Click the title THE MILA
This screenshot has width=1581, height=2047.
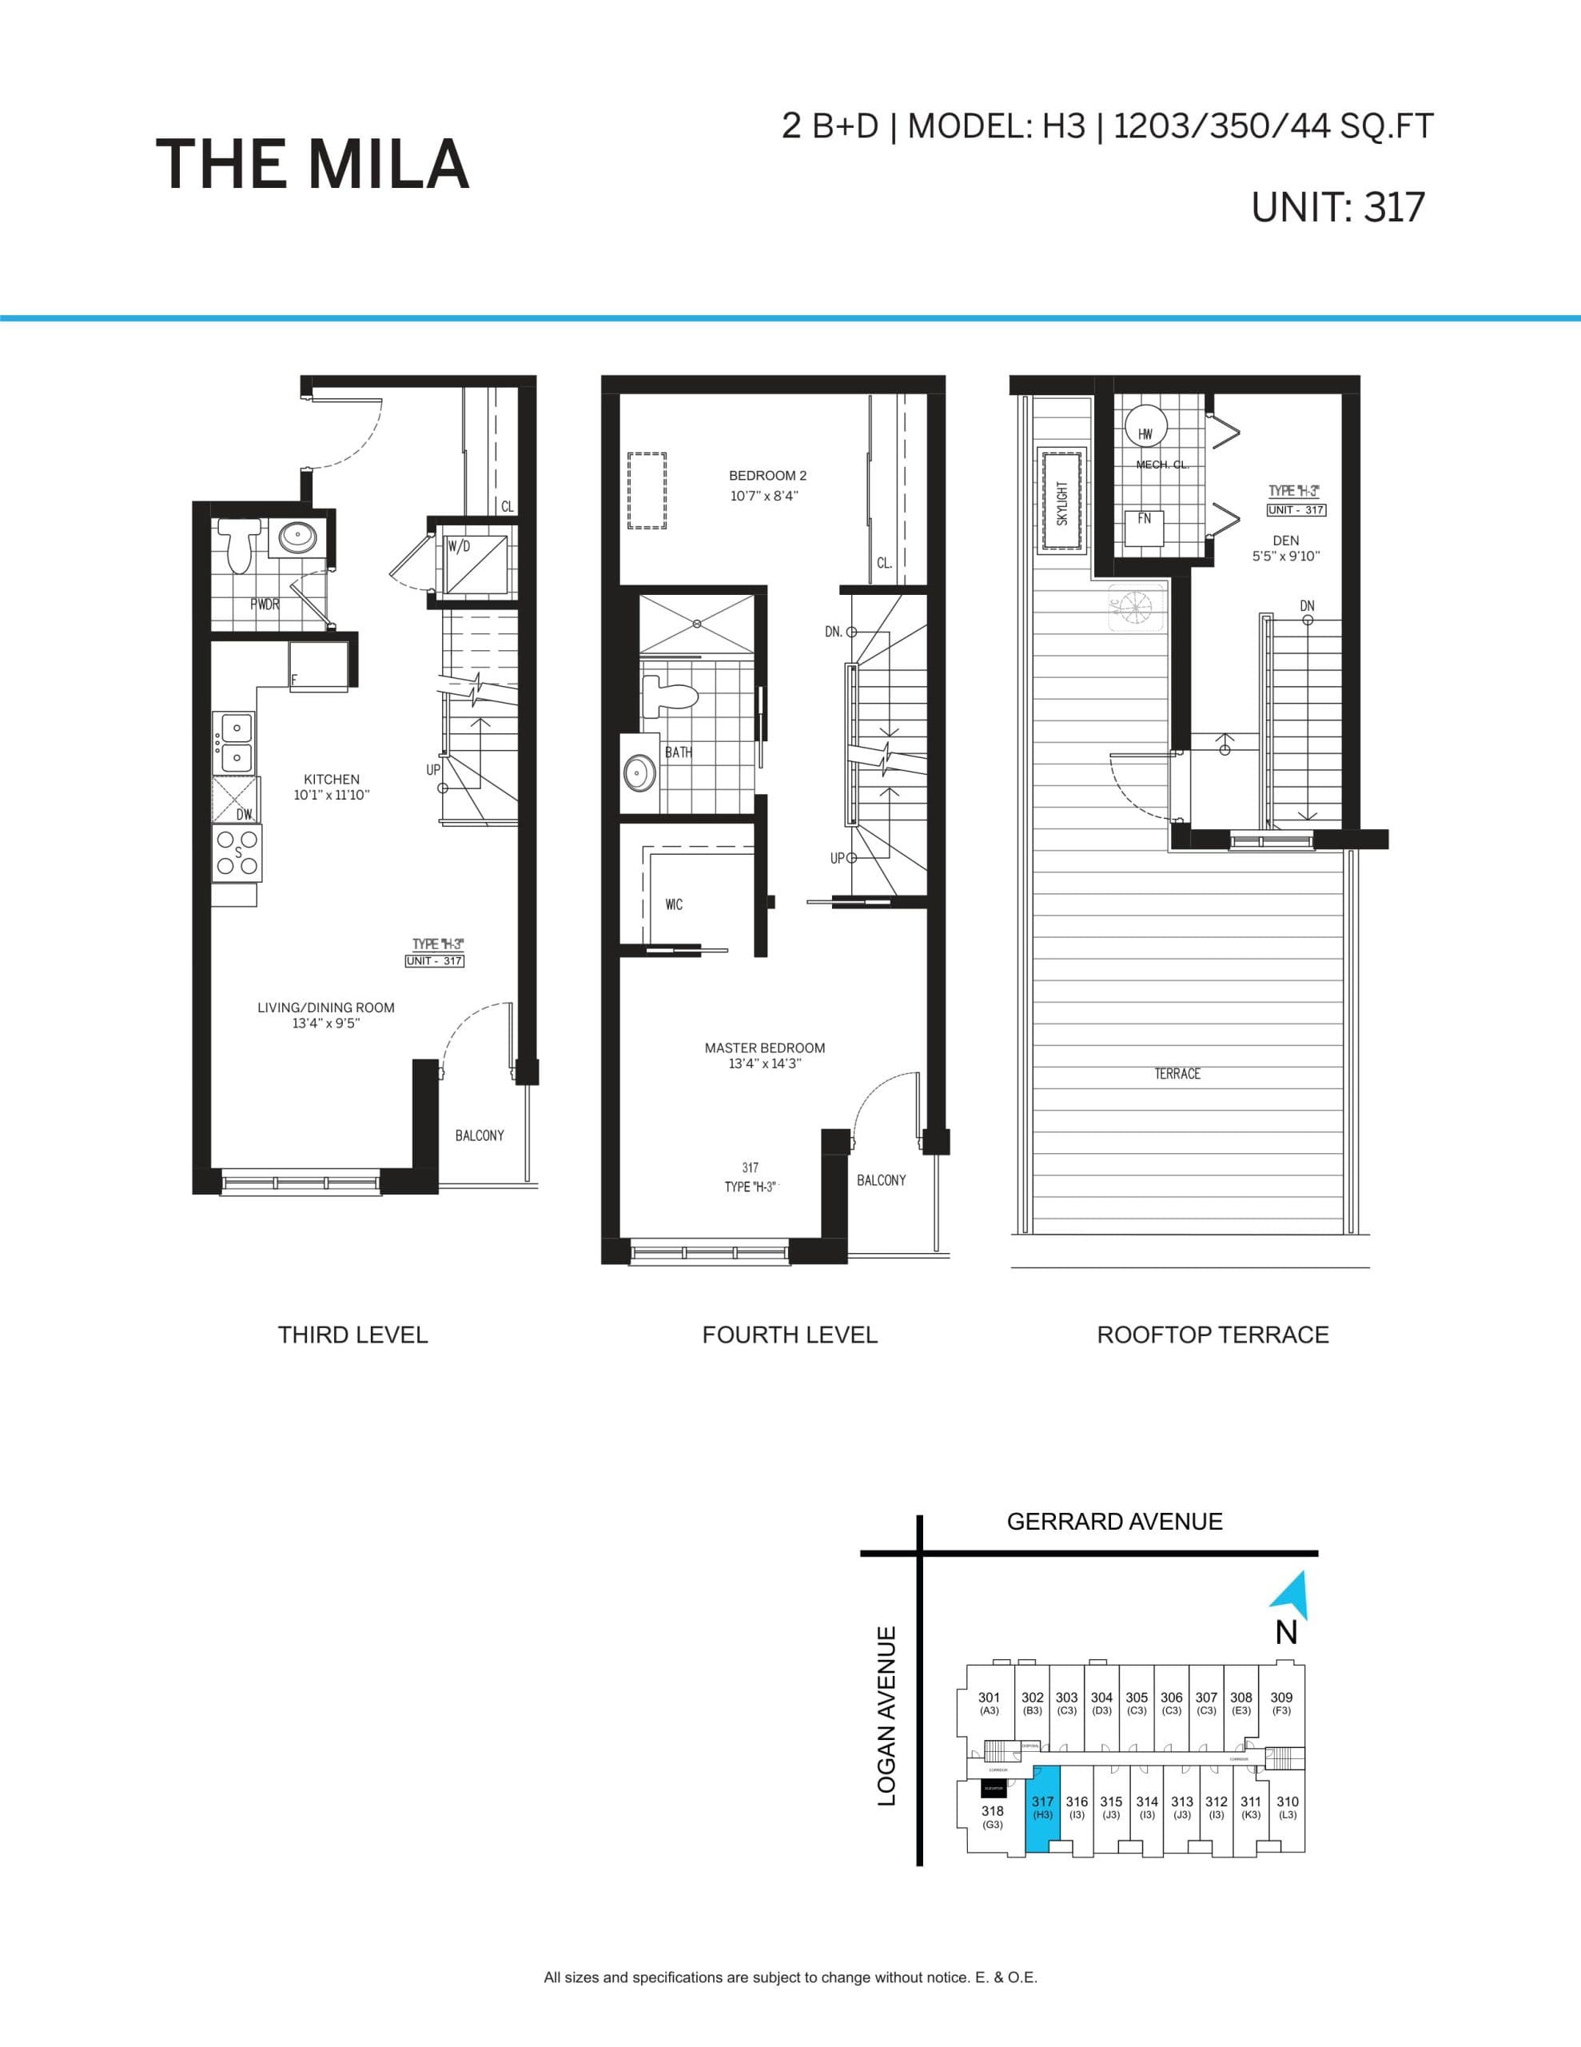click(x=312, y=165)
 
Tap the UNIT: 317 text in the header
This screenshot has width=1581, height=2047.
click(x=1337, y=207)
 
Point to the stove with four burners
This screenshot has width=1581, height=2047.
click(x=237, y=853)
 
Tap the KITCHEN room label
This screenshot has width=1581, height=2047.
click(x=331, y=779)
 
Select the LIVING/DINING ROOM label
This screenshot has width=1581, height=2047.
click(x=325, y=1008)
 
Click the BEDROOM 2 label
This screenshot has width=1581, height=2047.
click(x=767, y=476)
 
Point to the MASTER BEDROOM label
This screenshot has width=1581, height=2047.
click(x=765, y=1047)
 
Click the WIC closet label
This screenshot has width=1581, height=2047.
click(x=674, y=904)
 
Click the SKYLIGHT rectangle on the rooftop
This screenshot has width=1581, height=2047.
click(x=1061, y=502)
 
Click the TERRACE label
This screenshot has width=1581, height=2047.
click(x=1177, y=1074)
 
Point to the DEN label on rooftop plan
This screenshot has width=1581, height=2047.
click(x=1286, y=541)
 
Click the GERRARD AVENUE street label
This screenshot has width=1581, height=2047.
click(x=1114, y=1521)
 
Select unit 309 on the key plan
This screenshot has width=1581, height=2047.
click(x=1281, y=1702)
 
